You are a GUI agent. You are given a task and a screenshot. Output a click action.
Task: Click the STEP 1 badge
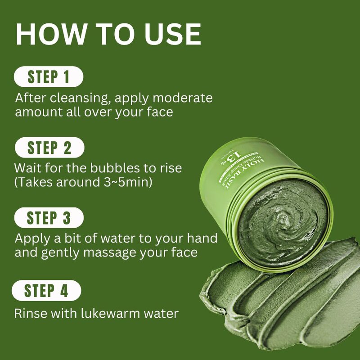(49, 76)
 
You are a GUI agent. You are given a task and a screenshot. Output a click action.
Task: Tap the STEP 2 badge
(49, 148)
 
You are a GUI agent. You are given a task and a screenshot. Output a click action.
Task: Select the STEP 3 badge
(49, 218)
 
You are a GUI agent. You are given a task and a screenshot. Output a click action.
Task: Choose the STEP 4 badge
(46, 290)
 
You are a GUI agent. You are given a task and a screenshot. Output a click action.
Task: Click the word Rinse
(29, 313)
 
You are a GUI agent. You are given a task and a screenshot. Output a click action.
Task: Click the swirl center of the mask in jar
(283, 220)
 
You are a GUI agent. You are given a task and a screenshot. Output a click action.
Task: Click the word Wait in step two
(28, 168)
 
